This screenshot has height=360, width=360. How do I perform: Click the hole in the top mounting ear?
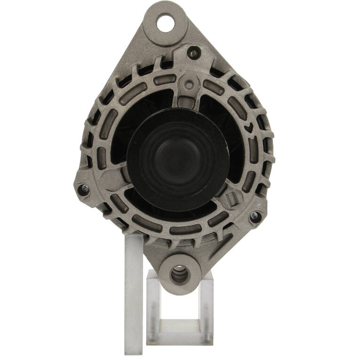(165, 23)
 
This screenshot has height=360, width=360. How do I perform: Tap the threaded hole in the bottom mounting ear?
(180, 274)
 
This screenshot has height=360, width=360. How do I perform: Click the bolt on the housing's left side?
(83, 190)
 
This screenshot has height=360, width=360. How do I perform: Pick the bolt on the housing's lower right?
(254, 216)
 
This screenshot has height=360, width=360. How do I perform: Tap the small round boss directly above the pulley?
(189, 85)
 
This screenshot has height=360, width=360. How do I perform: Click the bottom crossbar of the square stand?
(180, 325)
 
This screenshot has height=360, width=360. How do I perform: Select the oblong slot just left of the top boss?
(162, 80)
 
